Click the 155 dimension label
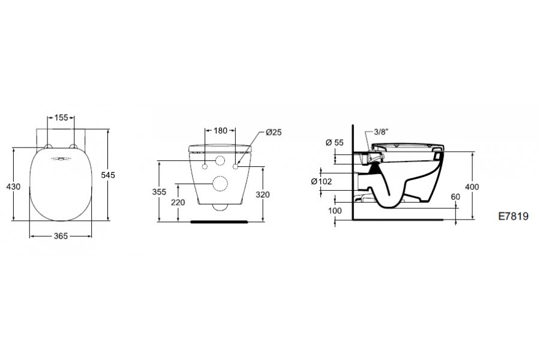[61, 118]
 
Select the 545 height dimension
[108, 175]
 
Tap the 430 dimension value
[13, 187]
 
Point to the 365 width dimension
[61, 236]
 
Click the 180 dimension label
[220, 131]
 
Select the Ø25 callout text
[274, 132]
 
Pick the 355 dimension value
[159, 192]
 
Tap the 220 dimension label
[178, 202]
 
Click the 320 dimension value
[263, 194]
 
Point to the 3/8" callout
[381, 131]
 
